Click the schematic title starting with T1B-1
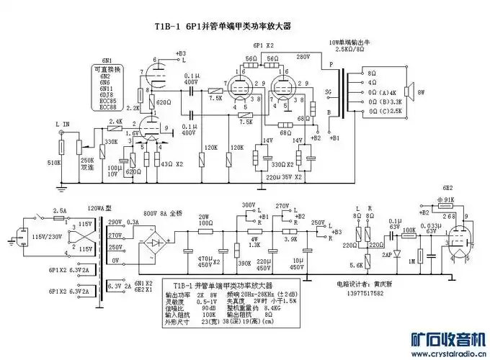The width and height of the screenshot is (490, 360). (x=224, y=27)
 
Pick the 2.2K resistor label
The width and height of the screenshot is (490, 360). (x=134, y=107)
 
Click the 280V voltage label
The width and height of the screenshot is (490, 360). (x=302, y=57)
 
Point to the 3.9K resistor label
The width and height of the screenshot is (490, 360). (x=291, y=239)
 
